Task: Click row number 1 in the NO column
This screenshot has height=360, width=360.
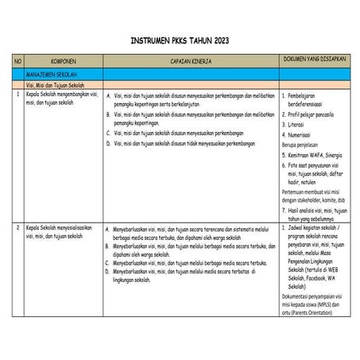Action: click(17, 94)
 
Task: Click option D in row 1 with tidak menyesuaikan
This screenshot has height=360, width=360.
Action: click(183, 143)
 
